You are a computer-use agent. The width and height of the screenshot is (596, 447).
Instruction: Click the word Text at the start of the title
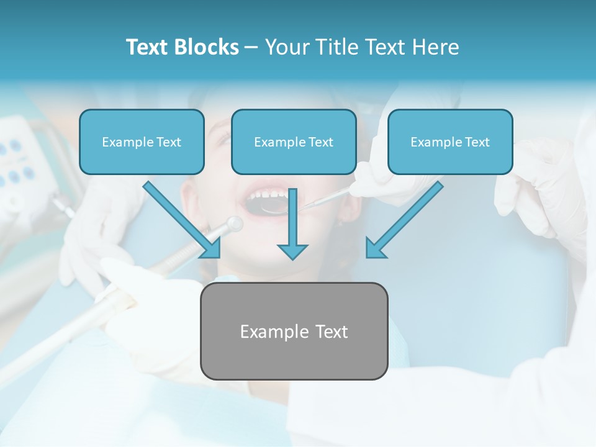point(147,47)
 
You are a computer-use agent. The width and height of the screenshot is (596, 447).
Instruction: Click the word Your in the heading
point(287,47)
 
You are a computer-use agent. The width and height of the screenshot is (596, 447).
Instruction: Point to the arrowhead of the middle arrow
point(292,251)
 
